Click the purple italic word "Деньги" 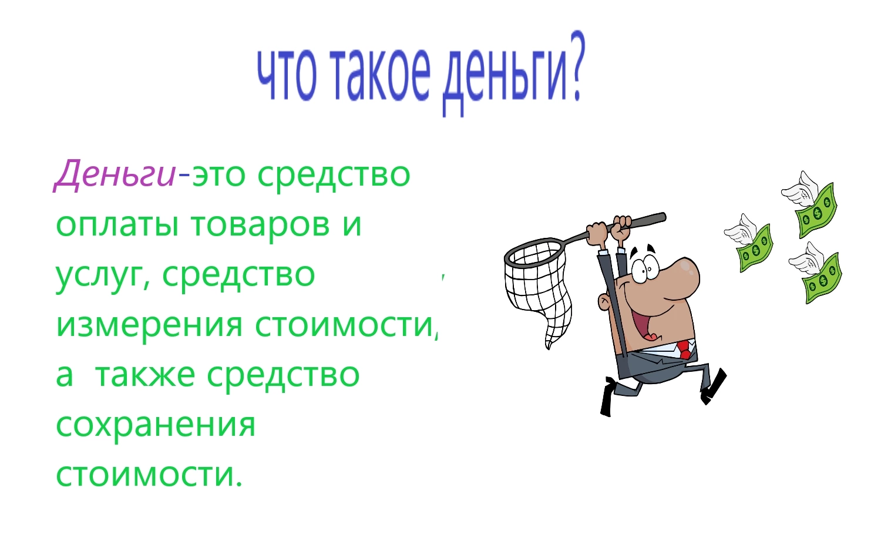pos(115,174)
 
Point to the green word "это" pos(218,174)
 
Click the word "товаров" pos(260,224)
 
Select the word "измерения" pos(149,327)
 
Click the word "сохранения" pos(156,426)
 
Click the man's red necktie pos(684,349)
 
